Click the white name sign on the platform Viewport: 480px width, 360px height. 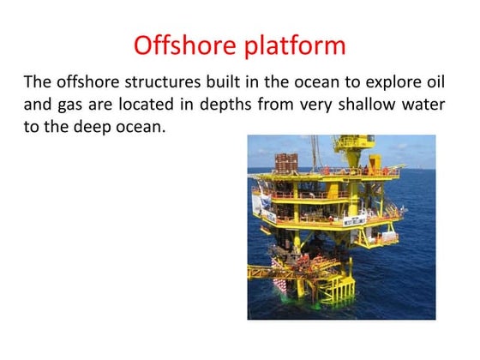[x=357, y=220]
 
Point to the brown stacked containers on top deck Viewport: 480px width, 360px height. [x=285, y=163]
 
